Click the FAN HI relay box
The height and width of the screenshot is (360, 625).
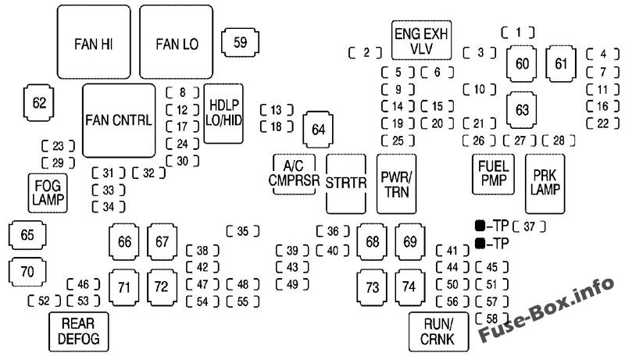click(94, 42)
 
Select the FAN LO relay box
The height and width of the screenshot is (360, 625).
click(177, 42)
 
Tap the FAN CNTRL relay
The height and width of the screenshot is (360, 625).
click(119, 121)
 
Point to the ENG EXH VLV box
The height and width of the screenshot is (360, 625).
click(423, 41)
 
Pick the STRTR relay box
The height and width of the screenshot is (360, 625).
click(345, 184)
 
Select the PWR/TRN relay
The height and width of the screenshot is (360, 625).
click(396, 184)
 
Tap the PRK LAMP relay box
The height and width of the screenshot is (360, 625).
click(545, 184)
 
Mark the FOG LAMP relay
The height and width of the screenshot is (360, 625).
click(47, 192)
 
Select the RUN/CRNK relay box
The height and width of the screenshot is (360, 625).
click(437, 331)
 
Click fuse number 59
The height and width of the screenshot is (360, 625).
click(241, 42)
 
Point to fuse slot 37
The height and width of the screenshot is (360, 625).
click(530, 227)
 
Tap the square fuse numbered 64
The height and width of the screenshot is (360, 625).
click(317, 130)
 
